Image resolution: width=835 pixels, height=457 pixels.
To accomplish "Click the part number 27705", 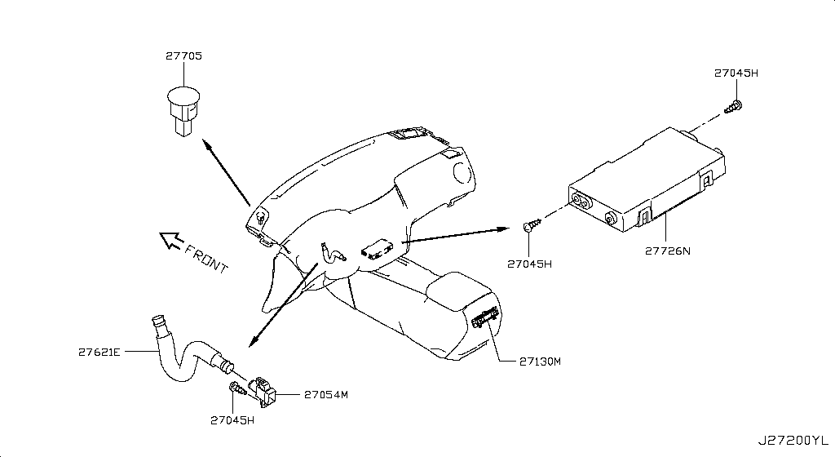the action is coord(183,56).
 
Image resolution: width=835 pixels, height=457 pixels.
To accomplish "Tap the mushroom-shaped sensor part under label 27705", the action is coord(183,111).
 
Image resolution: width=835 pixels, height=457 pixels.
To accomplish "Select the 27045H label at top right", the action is coord(736,73).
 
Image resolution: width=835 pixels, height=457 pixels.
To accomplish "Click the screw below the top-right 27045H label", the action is coord(734,107).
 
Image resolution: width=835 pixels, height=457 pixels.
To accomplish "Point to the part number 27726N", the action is coord(667,251).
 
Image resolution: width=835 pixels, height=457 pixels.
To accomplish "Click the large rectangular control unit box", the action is coord(647,180).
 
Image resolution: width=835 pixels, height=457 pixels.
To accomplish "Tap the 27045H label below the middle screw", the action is coord(529,264).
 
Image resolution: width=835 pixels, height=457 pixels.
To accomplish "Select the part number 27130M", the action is coord(540,362).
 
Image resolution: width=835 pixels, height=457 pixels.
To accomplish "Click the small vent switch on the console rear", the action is coord(485,318).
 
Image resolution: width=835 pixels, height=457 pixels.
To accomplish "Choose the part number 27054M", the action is coord(326,395).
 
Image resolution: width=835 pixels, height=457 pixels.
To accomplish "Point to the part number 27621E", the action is coord(99,352).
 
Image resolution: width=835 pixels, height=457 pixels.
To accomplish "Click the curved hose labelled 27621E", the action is coord(187,352).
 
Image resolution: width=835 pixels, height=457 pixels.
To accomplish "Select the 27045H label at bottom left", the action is coord(232,419).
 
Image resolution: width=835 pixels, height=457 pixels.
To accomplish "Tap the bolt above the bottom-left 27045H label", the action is coord(236,388).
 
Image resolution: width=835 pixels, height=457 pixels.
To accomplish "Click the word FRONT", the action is coord(206,258).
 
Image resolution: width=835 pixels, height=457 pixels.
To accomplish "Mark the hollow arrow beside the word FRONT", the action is coord(170,240).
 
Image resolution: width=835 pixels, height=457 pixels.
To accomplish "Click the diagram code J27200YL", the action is coord(793,441).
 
